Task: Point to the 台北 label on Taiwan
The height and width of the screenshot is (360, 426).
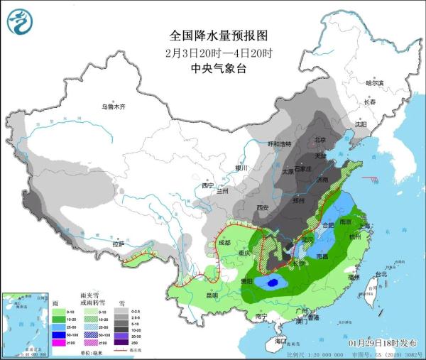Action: [x=381, y=273]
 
